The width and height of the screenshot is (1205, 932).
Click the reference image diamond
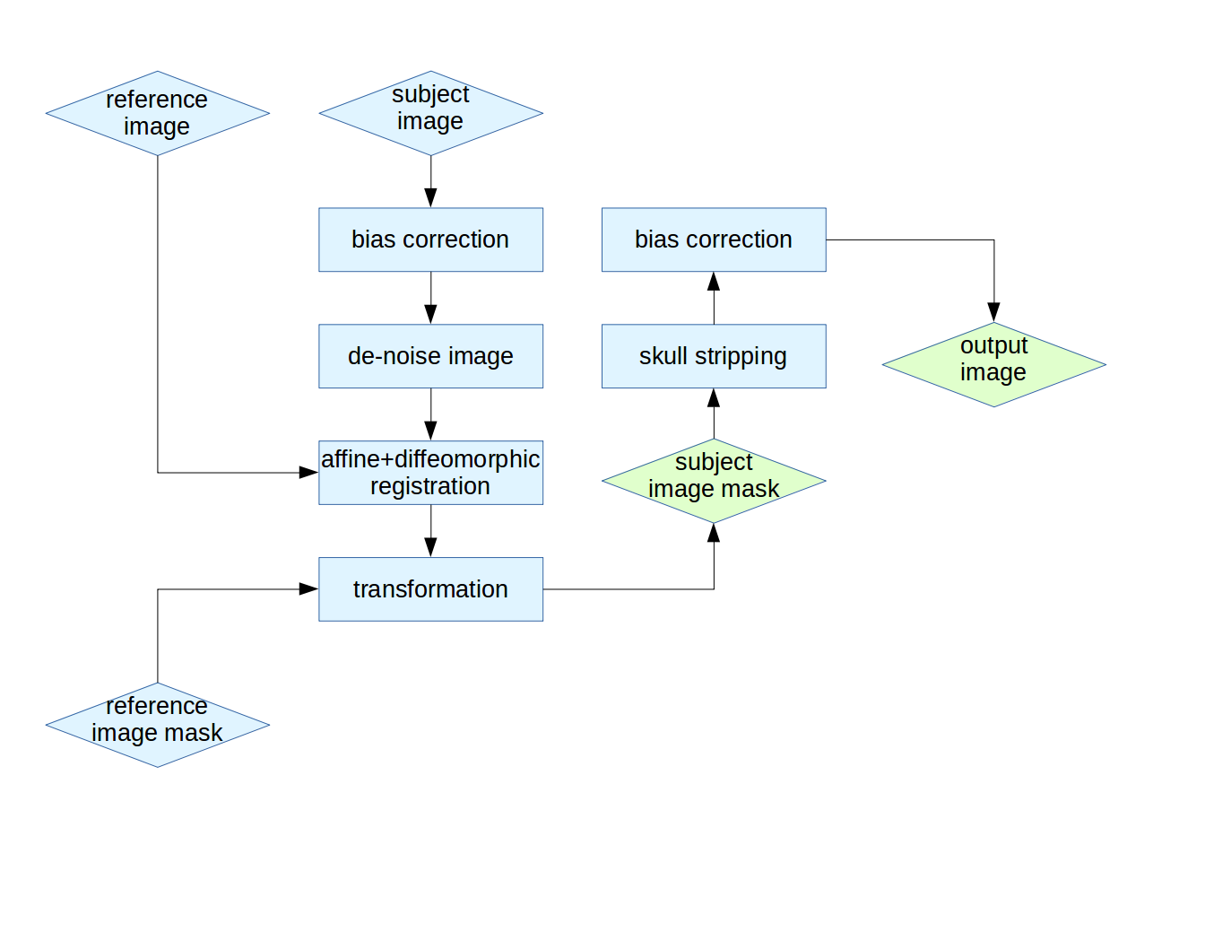158,113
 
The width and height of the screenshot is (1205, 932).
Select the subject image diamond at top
430,113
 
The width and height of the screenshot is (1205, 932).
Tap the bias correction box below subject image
430,240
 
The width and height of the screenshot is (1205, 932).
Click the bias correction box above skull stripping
714,240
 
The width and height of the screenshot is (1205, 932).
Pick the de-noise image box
430,356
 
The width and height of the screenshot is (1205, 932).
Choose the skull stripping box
714,356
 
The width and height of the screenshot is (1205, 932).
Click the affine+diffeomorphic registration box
430,473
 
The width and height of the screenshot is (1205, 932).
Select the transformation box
430,589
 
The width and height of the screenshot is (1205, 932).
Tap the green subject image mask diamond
714,481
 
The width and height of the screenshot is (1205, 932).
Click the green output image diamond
993,364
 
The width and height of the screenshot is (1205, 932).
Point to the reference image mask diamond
158,725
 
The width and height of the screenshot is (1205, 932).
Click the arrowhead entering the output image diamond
993,313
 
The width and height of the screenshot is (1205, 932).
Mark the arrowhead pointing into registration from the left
308,473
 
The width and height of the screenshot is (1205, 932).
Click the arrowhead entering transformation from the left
308,589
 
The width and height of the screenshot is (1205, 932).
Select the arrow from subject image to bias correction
430,181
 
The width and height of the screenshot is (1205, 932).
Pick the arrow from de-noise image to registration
430,414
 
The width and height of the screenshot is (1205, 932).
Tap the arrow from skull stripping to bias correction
714,298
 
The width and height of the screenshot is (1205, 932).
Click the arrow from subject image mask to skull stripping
714,414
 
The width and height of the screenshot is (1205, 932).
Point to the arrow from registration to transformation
430,531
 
